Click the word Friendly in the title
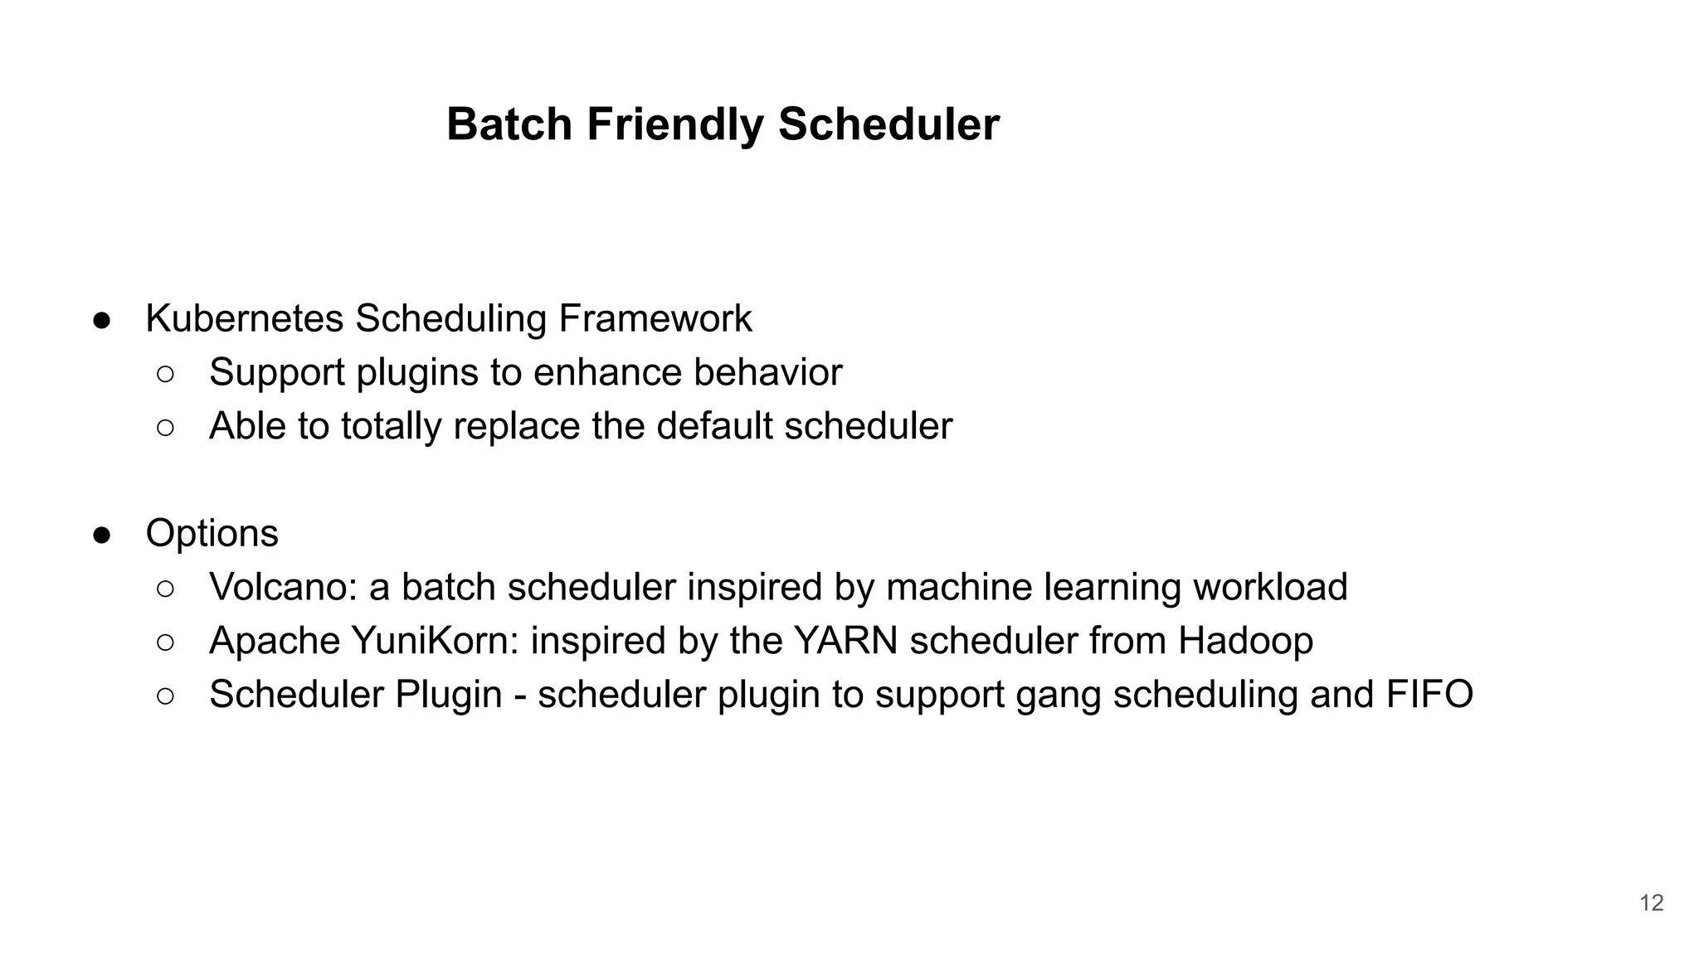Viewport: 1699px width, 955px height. pyautogui.click(x=674, y=124)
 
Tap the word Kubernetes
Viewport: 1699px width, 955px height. pyautogui.click(x=244, y=318)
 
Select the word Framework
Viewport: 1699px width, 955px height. pyautogui.click(x=655, y=318)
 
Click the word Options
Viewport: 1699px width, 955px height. pyautogui.click(x=212, y=533)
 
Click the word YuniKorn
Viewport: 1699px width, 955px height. pyautogui.click(x=435, y=641)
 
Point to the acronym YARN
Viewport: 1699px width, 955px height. pyautogui.click(x=845, y=641)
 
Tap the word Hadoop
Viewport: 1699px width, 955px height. pyautogui.click(x=1245, y=641)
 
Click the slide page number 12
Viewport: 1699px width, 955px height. pyautogui.click(x=1651, y=903)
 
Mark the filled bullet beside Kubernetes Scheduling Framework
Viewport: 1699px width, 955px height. pyautogui.click(x=102, y=320)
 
